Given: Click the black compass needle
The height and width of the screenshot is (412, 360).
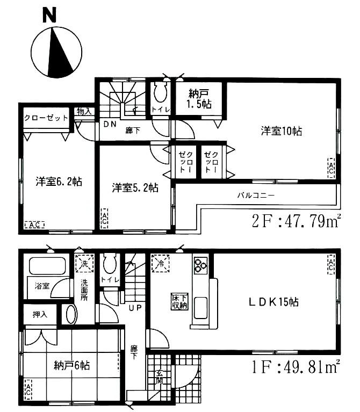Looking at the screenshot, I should [x=60, y=53].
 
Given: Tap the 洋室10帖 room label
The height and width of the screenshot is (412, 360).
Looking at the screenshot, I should [x=281, y=131].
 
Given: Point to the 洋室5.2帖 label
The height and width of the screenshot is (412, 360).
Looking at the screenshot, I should [x=135, y=187].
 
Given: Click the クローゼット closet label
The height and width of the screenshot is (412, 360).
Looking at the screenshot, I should [x=46, y=118].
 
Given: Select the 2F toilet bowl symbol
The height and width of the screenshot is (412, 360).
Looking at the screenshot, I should [x=160, y=95].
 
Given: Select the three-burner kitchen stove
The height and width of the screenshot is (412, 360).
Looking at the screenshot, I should [x=200, y=265].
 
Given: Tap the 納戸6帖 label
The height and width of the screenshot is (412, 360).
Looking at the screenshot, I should [x=71, y=365].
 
